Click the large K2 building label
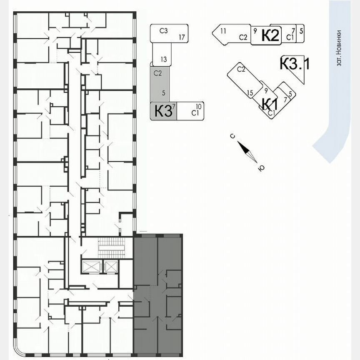tap(270, 35)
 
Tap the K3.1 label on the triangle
tap(295, 64)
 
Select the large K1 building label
tap(270, 103)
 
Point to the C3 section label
tap(163, 30)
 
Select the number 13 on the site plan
tap(163, 60)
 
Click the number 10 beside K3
tap(198, 107)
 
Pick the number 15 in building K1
tap(250, 93)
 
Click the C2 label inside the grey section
tap(157, 73)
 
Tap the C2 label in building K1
tap(241, 70)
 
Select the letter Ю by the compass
tap(261, 168)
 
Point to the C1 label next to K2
tap(290, 37)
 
